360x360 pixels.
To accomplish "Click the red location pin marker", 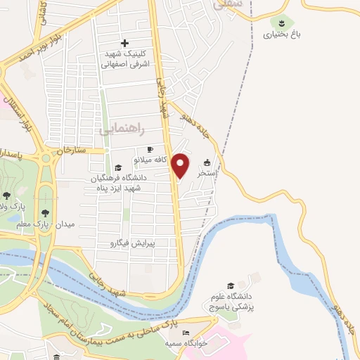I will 181,165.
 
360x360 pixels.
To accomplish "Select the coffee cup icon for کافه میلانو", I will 149,150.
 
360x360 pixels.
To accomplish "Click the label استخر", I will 206,172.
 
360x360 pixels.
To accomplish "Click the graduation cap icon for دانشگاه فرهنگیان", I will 118,168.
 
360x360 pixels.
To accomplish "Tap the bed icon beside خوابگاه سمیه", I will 186,333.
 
